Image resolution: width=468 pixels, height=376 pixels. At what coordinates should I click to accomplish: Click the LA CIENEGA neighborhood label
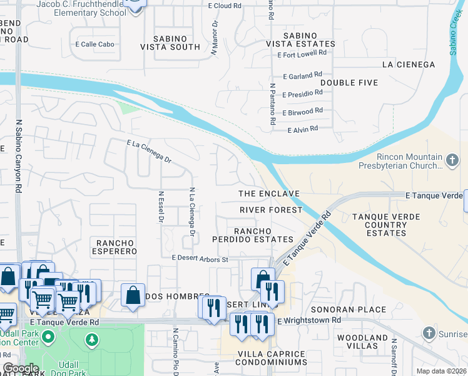408,65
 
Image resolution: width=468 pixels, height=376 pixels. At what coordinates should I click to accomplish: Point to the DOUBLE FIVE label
348,83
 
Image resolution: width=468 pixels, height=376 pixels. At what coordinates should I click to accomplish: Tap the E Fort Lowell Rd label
303,55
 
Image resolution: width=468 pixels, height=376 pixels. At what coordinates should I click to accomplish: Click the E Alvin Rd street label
303,129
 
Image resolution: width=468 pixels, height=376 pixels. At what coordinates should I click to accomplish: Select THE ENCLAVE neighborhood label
269,194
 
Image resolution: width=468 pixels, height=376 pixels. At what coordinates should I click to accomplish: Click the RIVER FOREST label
271,210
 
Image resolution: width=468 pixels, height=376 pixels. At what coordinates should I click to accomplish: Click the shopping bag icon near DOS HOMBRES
134,296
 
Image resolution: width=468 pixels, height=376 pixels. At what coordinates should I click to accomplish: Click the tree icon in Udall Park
92,340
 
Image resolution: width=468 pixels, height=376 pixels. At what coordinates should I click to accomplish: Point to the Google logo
20,368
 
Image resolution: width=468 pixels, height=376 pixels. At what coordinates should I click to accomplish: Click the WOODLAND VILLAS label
362,342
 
